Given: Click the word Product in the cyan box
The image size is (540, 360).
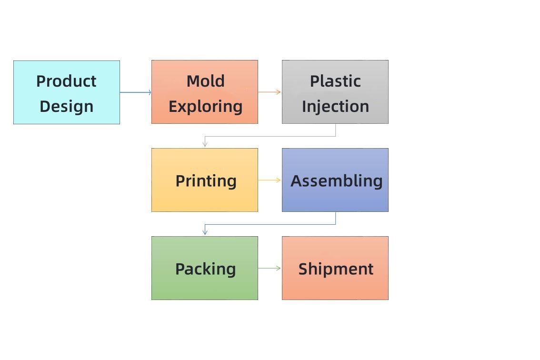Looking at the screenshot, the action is click(67, 81).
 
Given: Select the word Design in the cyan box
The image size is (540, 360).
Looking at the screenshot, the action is click(67, 107).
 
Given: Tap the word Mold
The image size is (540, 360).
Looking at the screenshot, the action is click(206, 81).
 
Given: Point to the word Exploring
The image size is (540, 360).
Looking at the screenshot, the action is click(206, 107).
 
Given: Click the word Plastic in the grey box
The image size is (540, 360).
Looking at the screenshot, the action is click(335, 81).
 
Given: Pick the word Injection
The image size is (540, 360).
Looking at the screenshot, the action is click(335, 107).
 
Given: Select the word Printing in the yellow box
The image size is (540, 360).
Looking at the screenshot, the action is click(206, 181).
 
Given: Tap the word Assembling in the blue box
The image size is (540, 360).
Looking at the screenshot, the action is click(337, 181).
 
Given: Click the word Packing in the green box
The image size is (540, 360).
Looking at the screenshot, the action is click(206, 269).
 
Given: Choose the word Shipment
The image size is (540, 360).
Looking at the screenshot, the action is click(336, 269).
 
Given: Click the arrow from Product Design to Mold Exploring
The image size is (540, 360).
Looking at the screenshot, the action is click(136, 92).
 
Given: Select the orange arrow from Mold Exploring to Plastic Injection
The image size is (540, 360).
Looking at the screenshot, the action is click(270, 92).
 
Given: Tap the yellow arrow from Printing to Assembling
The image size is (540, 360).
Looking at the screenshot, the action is click(270, 180).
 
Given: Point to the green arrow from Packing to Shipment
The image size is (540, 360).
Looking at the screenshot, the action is click(270, 268).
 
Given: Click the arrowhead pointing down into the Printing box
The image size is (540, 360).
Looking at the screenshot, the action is click(205, 145).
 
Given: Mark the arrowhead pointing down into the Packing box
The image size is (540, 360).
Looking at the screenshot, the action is click(205, 232).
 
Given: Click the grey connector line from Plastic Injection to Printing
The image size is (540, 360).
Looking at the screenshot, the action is click(270, 136).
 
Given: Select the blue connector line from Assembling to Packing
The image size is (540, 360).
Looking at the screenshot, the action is click(270, 225).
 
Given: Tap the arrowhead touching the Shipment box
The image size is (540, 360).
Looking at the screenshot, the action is click(279, 268).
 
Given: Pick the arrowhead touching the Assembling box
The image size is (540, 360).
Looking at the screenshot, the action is click(279, 180).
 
